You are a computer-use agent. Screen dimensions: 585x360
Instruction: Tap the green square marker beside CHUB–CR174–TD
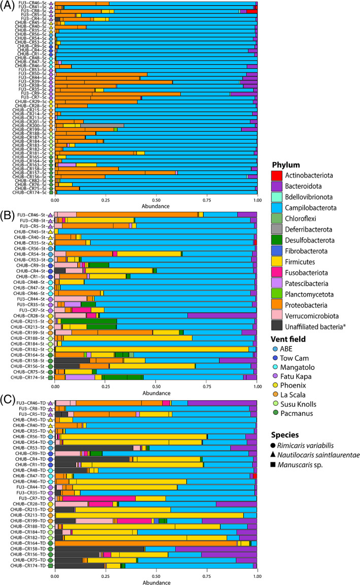click(50, 565)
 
